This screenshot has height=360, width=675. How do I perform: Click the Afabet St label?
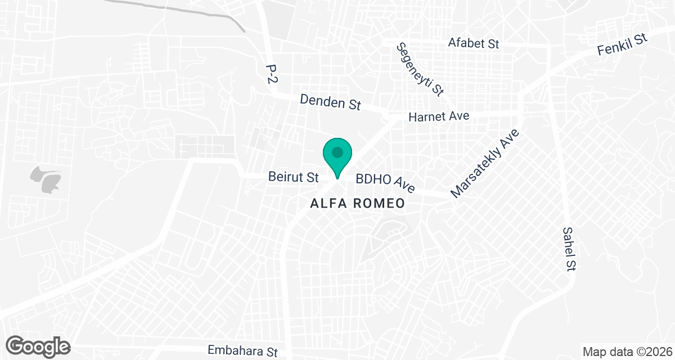tap(474, 43)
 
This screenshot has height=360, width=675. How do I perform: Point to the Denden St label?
tap(330, 102)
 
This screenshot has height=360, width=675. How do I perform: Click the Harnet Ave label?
tap(439, 116)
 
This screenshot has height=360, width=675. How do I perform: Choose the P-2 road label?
tap(272, 73)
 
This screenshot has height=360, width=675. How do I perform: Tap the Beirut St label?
tap(293, 177)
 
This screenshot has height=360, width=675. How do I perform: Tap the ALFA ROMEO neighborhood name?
tap(358, 204)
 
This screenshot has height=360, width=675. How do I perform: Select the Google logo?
tap(39, 345)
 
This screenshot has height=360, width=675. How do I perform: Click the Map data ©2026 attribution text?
tap(626, 352)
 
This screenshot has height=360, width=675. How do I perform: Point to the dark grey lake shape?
tap(46, 180)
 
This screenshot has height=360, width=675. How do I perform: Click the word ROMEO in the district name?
tap(379, 204)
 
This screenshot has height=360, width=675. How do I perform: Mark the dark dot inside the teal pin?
tap(337, 152)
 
